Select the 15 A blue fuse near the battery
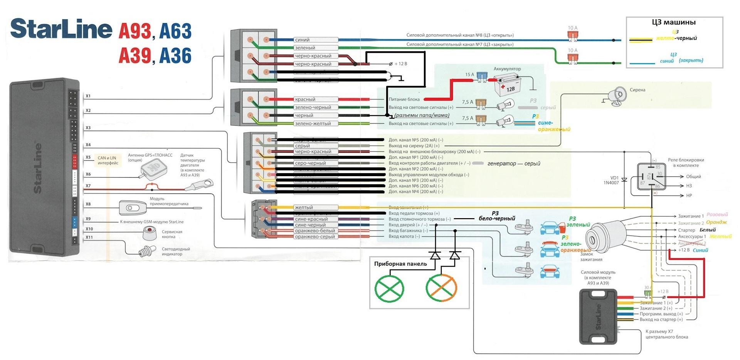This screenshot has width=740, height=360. tap(480, 76)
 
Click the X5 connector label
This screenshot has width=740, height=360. tap(88, 157)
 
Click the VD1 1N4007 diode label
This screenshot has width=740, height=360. tap(611, 180)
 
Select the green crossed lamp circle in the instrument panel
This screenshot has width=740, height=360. tap(389, 288)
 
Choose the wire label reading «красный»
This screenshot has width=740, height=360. tap(305, 99)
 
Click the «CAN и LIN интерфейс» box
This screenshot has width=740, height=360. tap(108, 160)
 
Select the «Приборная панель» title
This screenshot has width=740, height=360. tap(400, 264)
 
